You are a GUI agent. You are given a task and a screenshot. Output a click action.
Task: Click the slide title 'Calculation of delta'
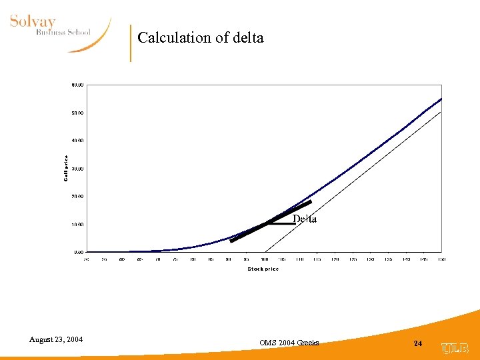pyautogui.click(x=201, y=38)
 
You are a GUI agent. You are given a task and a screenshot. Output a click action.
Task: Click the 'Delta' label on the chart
pyautogui.click(x=305, y=219)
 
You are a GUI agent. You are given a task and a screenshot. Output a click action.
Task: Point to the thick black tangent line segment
pyautogui.click(x=270, y=221)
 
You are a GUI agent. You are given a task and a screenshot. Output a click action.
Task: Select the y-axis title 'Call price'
pyautogui.click(x=66, y=169)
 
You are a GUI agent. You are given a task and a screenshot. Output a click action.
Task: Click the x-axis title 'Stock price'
pyautogui.click(x=263, y=269)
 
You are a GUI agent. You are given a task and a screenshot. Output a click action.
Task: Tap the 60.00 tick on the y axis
pyautogui.click(x=77, y=85)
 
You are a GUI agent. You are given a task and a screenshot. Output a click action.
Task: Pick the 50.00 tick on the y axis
pyautogui.click(x=77, y=113)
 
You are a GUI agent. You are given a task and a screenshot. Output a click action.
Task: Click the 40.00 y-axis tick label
pyautogui.click(x=77, y=141)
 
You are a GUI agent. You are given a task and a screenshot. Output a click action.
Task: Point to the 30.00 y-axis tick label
pyautogui.click(x=77, y=169)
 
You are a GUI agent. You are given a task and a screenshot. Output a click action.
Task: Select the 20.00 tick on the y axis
pyautogui.click(x=77, y=197)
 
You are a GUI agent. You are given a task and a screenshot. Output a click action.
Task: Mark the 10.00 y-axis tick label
pyautogui.click(x=77, y=225)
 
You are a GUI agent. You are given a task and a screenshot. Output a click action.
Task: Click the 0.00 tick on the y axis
pyautogui.click(x=77, y=253)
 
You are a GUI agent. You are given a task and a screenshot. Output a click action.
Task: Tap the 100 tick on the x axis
pyautogui.click(x=264, y=259)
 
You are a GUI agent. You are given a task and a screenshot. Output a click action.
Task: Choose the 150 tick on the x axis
pyautogui.click(x=441, y=259)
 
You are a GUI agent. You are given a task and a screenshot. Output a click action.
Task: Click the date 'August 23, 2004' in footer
pyautogui.click(x=56, y=340)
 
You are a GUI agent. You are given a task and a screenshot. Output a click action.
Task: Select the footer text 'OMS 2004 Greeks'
pyautogui.click(x=289, y=343)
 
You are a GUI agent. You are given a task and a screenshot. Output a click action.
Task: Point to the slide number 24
pyautogui.click(x=418, y=343)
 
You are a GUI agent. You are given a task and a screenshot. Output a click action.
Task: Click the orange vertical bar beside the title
pyautogui.click(x=131, y=43)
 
